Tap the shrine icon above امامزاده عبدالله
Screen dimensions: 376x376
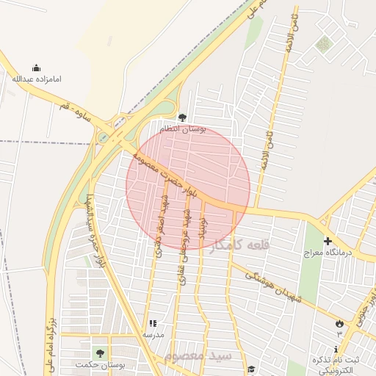click(37, 68)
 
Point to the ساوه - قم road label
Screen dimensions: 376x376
click(76, 113)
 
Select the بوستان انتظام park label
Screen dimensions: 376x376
click(183, 129)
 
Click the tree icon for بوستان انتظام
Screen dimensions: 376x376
click(183, 117)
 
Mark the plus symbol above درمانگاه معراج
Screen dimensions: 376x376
click(328, 241)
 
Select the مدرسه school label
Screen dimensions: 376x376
click(152, 334)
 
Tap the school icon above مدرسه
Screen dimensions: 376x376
click(153, 323)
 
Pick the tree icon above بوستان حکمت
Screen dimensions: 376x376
click(100, 353)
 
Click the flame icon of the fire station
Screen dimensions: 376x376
click(339, 323)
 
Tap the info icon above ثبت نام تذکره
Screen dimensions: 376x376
click(337, 350)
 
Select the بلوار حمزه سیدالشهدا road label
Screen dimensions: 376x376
click(95, 228)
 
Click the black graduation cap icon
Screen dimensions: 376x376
click(250, 369)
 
